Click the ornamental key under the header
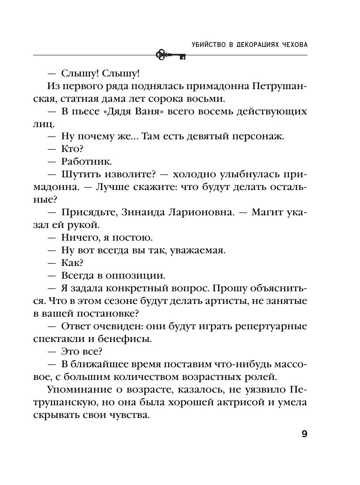coord(170,55)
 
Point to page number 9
coord(304,434)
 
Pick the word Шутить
coord(81,174)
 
